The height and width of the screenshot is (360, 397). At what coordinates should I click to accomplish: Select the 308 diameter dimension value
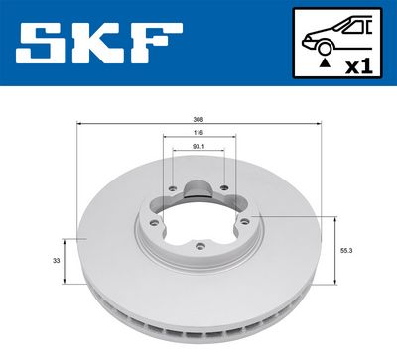(x=198, y=119)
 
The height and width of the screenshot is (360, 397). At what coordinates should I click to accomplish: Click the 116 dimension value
(x=198, y=134)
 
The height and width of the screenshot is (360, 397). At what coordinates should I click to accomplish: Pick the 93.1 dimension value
(x=198, y=149)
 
